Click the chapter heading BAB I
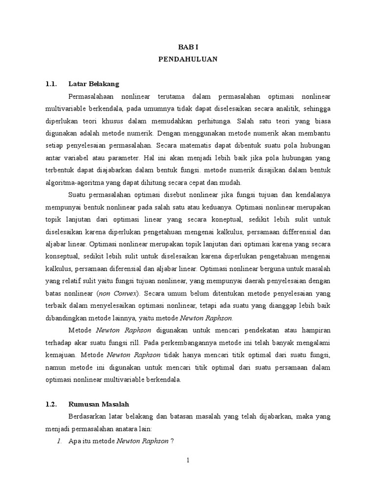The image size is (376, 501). click(x=188, y=46)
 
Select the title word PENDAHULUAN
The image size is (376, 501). click(x=188, y=59)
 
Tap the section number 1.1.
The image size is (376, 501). click(x=51, y=84)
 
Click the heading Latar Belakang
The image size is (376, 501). click(x=94, y=84)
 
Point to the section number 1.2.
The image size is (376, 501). click(x=51, y=404)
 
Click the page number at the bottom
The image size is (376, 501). click(x=188, y=460)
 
